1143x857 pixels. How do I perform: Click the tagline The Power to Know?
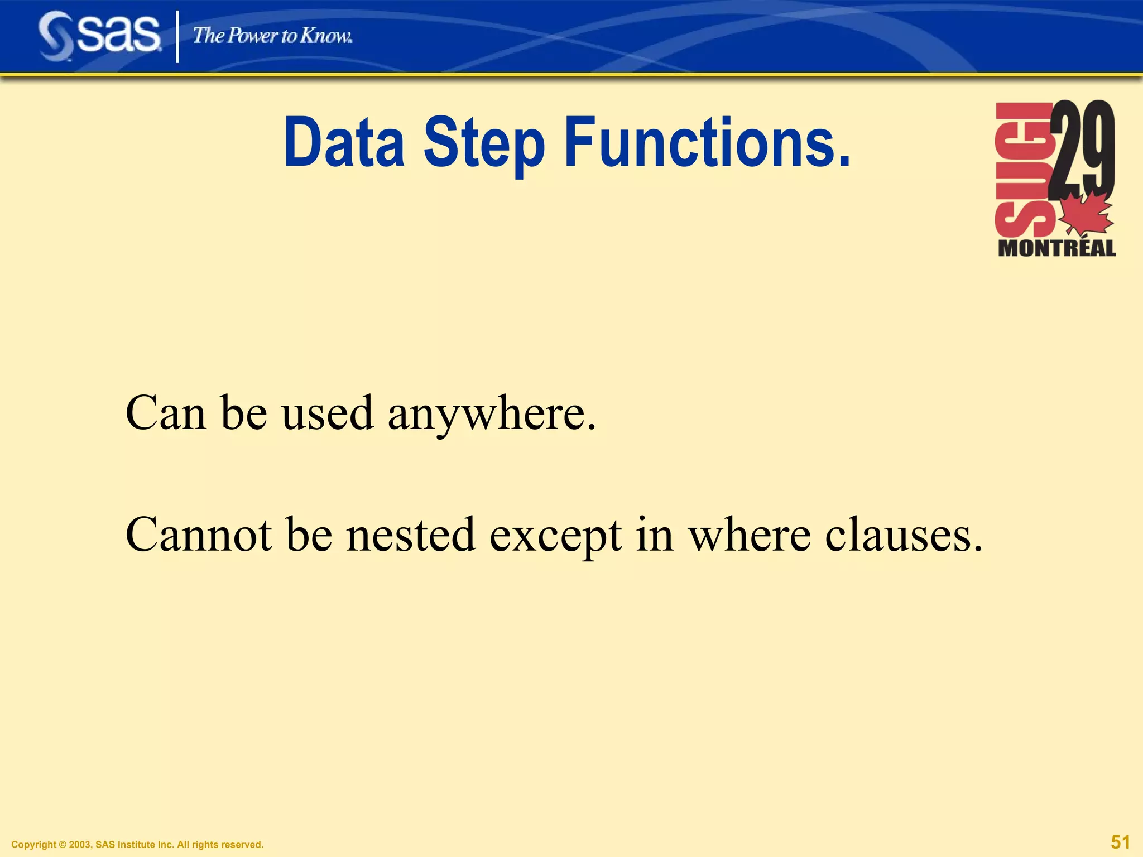click(272, 36)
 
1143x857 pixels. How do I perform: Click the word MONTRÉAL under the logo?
click(1056, 248)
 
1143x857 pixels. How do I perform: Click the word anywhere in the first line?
click(492, 414)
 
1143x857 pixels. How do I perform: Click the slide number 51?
click(1120, 842)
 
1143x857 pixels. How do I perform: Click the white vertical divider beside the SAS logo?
click(177, 37)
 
